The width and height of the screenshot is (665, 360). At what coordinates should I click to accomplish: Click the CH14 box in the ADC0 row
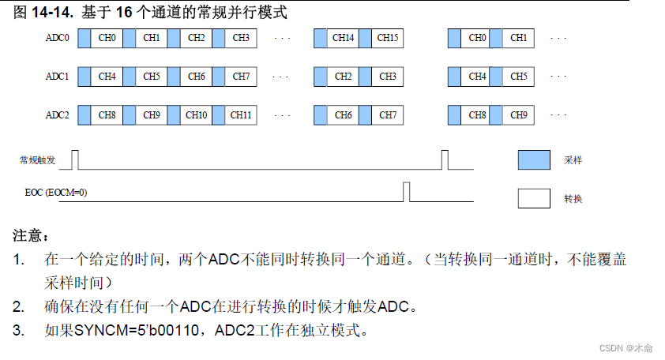point(342,38)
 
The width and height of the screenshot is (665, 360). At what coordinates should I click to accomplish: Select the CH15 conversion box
point(387,38)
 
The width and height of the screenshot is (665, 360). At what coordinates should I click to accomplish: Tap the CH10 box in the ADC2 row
point(197,115)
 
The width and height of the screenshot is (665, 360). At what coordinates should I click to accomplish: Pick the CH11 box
point(241,115)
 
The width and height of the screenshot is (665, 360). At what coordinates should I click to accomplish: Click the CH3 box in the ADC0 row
point(241,38)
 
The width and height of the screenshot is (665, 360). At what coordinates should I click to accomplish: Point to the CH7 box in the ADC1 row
point(241,77)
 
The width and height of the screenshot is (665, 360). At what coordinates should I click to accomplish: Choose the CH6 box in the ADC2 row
point(343,115)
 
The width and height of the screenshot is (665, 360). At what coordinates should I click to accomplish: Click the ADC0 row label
point(57,38)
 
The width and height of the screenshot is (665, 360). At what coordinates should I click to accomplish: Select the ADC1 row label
point(57,77)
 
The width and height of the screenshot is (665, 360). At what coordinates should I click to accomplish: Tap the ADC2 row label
point(57,115)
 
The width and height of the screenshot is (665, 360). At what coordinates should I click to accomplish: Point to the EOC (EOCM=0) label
point(56,192)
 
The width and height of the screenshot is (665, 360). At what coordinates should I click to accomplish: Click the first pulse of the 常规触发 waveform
point(75,159)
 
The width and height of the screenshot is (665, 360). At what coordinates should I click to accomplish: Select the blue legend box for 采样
point(534,159)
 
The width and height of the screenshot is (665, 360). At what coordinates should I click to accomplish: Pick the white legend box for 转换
point(534,198)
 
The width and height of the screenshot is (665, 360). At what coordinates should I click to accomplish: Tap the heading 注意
point(30,236)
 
